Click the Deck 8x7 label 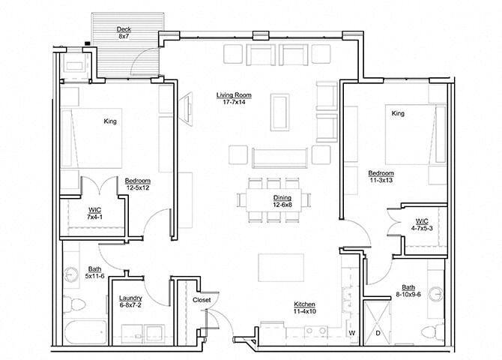click(x=124, y=34)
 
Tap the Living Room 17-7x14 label click(x=234, y=99)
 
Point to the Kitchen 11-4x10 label click(x=309, y=307)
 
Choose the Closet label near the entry click(x=202, y=300)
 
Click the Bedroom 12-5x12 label click(x=139, y=184)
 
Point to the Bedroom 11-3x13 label click(x=381, y=176)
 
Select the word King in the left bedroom click(x=110, y=120)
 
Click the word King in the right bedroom click(x=398, y=113)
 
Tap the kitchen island click(x=281, y=267)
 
